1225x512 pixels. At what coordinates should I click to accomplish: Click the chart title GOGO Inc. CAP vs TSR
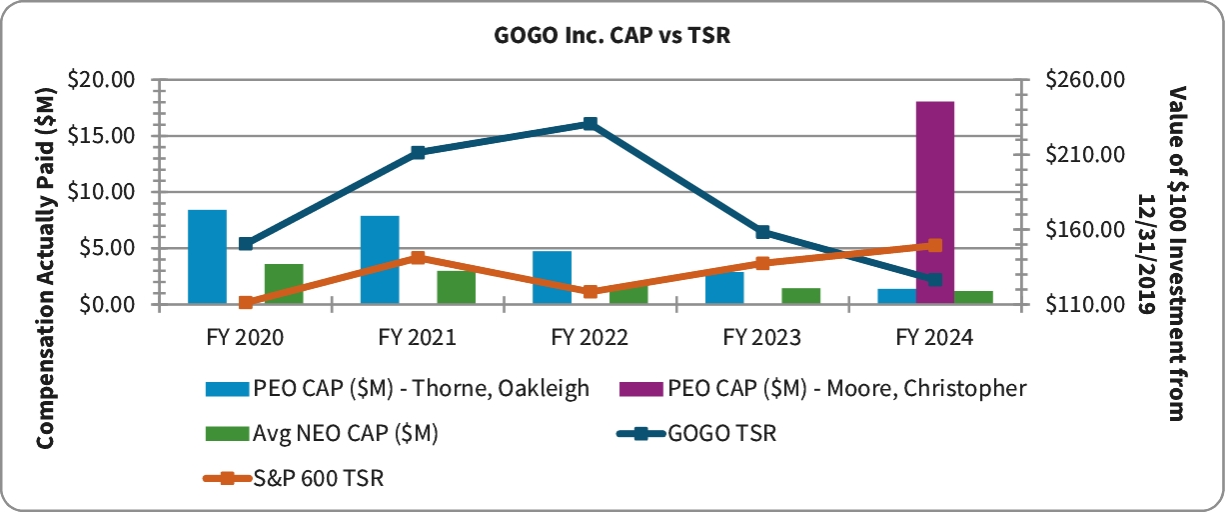pyautogui.click(x=612, y=35)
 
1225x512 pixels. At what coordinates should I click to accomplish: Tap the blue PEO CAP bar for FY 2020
pyautogui.click(x=207, y=257)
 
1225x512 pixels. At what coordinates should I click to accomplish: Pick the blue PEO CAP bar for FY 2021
pyautogui.click(x=380, y=260)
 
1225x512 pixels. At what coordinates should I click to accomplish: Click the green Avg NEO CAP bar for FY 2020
pyautogui.click(x=284, y=284)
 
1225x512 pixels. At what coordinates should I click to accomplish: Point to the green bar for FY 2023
pyautogui.click(x=801, y=296)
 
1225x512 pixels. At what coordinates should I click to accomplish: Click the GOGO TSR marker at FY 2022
pyautogui.click(x=591, y=124)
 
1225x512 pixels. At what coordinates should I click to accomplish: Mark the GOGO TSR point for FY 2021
pyautogui.click(x=418, y=153)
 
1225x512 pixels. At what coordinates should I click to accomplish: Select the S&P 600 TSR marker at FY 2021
pyautogui.click(x=418, y=258)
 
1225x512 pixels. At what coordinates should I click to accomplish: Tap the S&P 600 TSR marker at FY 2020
pyautogui.click(x=246, y=302)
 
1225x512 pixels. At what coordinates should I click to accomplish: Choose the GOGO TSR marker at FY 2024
pyautogui.click(x=935, y=279)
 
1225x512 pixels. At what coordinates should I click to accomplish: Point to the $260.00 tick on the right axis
pyautogui.click(x=1084, y=80)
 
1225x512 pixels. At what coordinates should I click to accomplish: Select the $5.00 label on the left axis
pyautogui.click(x=111, y=248)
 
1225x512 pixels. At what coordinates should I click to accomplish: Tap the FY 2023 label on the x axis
pyautogui.click(x=762, y=338)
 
